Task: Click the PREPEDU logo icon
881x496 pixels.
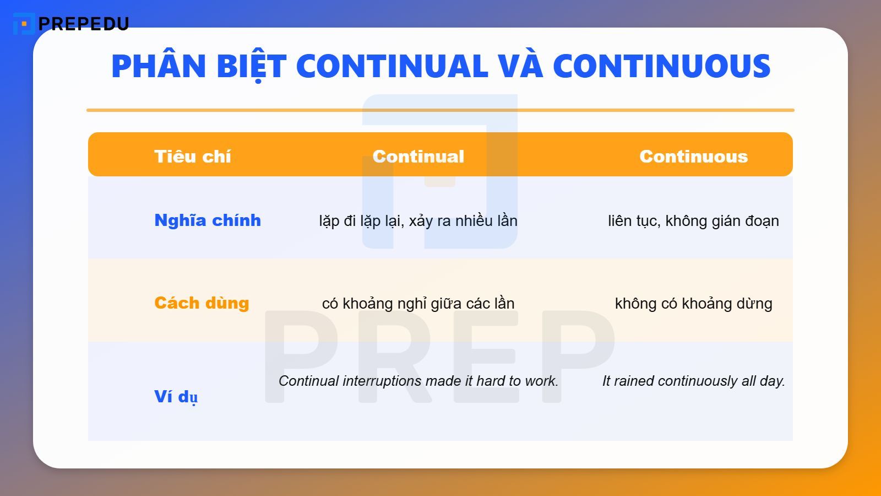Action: pyautogui.click(x=23, y=24)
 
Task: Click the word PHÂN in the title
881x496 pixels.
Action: pyautogui.click(x=159, y=66)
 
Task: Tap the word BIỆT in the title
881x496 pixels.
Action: pyautogui.click(x=251, y=66)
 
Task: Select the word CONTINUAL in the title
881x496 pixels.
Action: pyautogui.click(x=392, y=66)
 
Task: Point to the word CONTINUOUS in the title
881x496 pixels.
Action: pyautogui.click(x=661, y=66)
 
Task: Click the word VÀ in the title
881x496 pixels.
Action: pyautogui.click(x=520, y=66)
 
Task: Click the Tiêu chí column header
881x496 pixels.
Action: pyautogui.click(x=192, y=157)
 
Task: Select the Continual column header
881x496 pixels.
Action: pyautogui.click(x=418, y=157)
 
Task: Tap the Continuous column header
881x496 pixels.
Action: pyautogui.click(x=693, y=157)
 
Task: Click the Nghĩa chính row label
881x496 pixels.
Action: pyautogui.click(x=207, y=220)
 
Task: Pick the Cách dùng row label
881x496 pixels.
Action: pyautogui.click(x=202, y=303)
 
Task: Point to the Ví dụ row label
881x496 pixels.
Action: pyautogui.click(x=176, y=396)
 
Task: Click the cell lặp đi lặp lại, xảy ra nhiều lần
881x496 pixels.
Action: pyautogui.click(x=418, y=221)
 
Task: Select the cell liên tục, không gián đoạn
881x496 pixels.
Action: pyautogui.click(x=693, y=221)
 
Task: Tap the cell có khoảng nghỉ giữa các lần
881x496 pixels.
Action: pyautogui.click(x=418, y=304)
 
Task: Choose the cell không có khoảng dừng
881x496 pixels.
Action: pyautogui.click(x=693, y=304)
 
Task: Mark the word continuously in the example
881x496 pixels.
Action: pyautogui.click(x=697, y=381)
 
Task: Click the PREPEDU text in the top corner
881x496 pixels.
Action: pyautogui.click(x=84, y=24)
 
